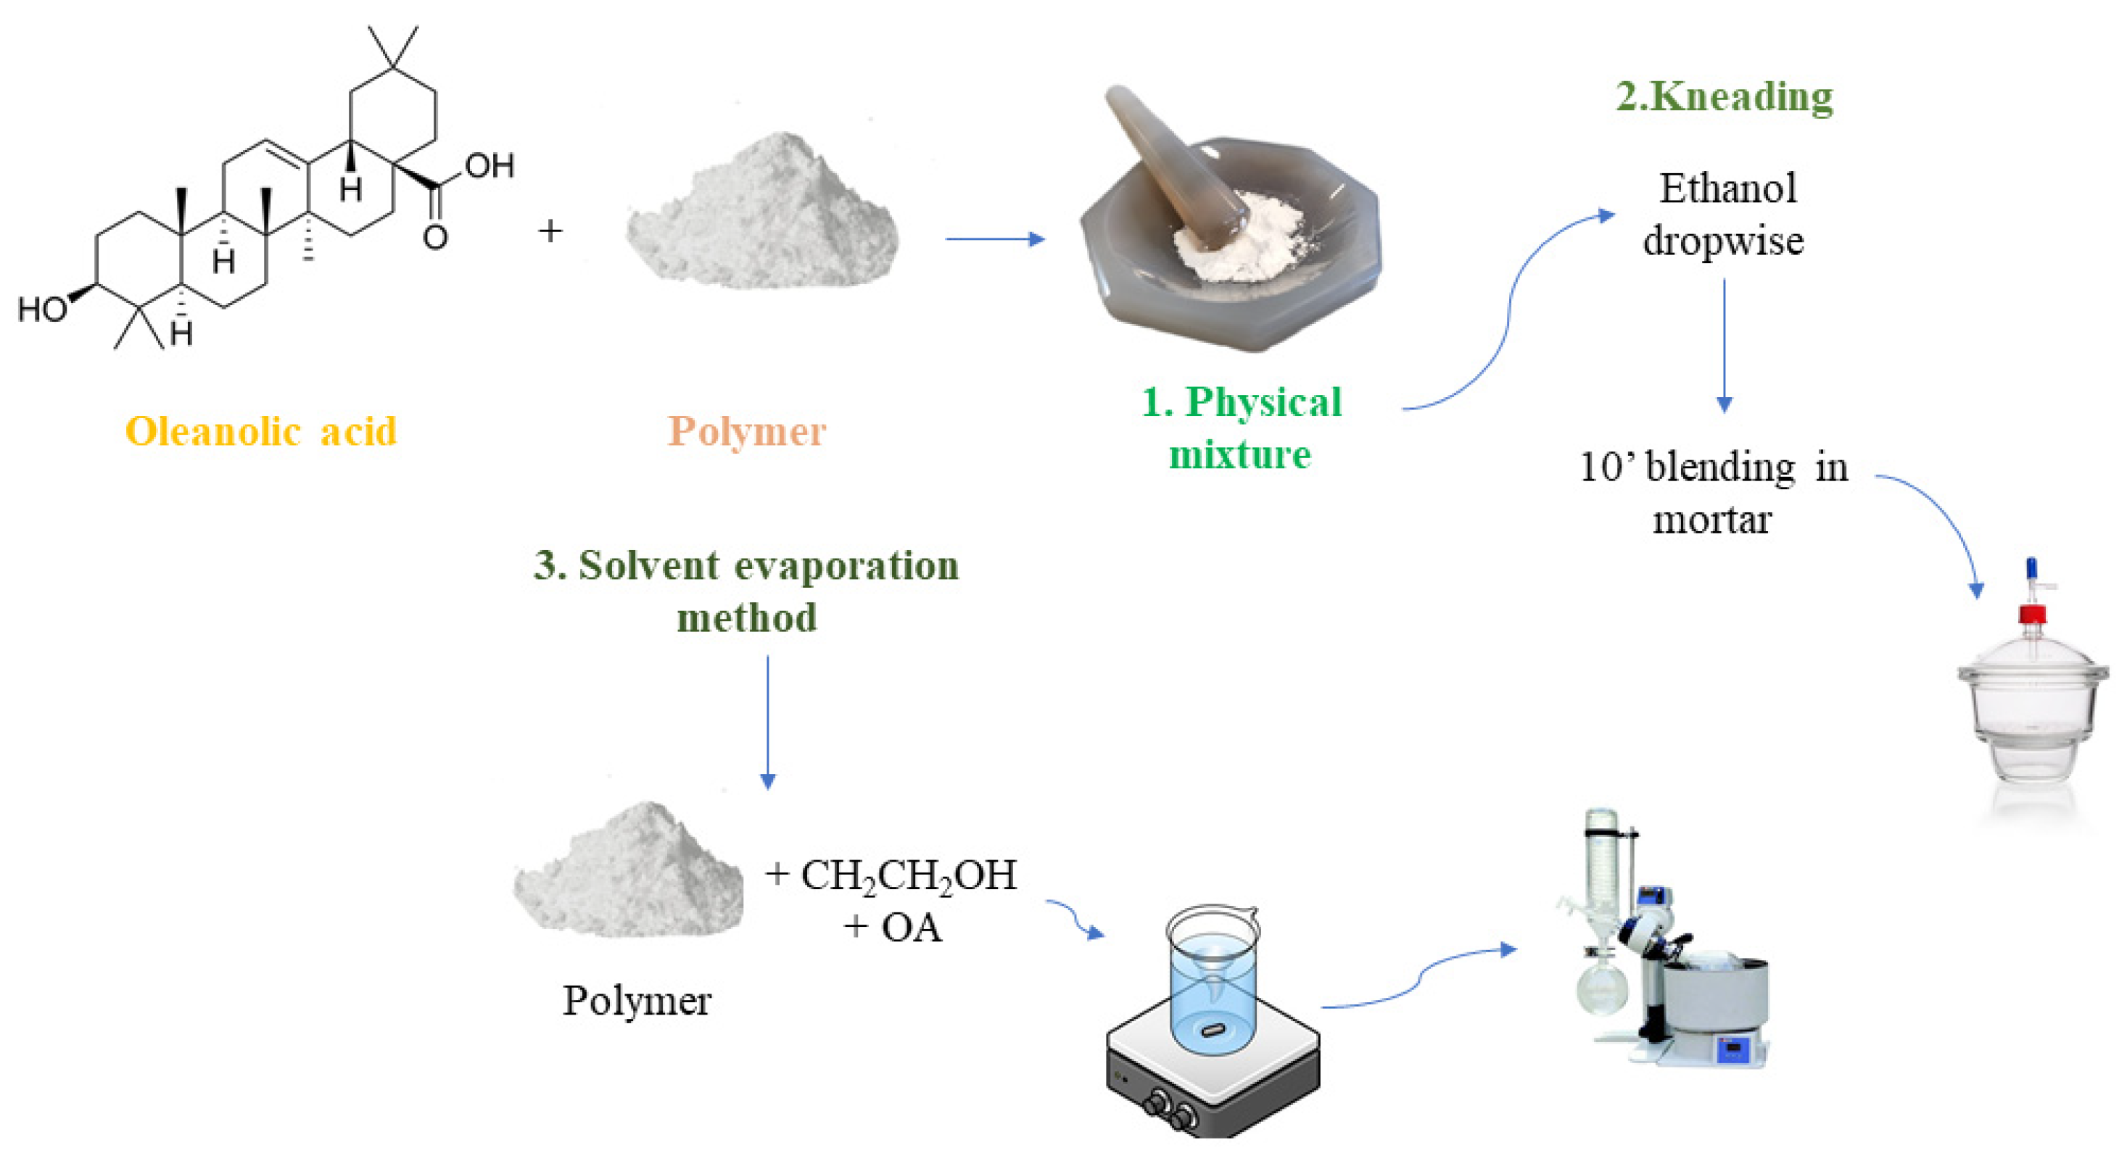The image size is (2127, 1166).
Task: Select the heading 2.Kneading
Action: click(1724, 96)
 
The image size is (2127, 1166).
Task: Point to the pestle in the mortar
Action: click(1173, 165)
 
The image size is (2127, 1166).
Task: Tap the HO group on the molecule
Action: click(43, 309)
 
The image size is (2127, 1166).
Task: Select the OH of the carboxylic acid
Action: click(490, 167)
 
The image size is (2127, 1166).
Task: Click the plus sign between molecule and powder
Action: click(550, 231)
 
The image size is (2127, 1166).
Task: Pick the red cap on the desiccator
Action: click(2032, 614)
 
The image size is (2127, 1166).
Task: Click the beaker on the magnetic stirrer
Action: click(1212, 978)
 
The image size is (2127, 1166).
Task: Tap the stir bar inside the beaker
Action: click(1213, 1029)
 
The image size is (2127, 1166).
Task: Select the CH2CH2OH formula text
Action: click(908, 875)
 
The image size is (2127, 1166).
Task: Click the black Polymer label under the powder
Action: click(637, 1001)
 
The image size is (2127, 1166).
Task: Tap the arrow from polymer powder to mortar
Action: click(995, 239)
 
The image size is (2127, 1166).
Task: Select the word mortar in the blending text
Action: click(1712, 520)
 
